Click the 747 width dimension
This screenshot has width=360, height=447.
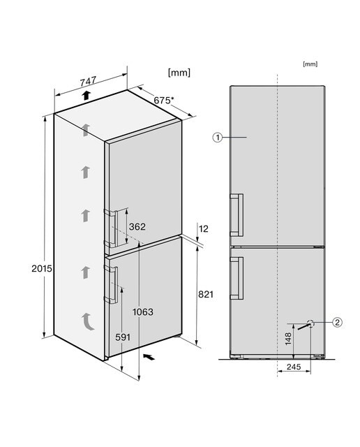coord(88,81)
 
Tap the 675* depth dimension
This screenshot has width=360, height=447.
coord(163,101)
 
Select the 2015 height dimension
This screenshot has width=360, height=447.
coord(42,268)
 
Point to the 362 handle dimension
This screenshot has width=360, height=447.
coord(137,226)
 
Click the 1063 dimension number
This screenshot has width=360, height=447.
coord(143,312)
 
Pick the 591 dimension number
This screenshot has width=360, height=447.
coord(123,337)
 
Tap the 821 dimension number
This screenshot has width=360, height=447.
coord(206,294)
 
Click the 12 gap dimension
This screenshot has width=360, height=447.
coord(203,228)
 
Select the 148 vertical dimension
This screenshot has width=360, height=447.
coord(288,339)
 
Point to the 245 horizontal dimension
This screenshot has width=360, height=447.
coord(294,366)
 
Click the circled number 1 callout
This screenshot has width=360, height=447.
coord(217,138)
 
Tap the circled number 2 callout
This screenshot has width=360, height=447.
coord(337,323)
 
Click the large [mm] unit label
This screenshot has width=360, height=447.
coord(179,73)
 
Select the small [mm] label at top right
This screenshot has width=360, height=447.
coord(310,64)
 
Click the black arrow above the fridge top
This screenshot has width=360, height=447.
coord(86,95)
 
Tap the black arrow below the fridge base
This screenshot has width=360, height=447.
coord(149,356)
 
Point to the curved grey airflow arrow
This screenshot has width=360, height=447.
coord(88,321)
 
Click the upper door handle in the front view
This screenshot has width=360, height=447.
coord(237,215)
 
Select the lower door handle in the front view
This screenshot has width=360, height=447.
coord(237,278)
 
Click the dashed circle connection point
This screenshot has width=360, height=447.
coord(310,323)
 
